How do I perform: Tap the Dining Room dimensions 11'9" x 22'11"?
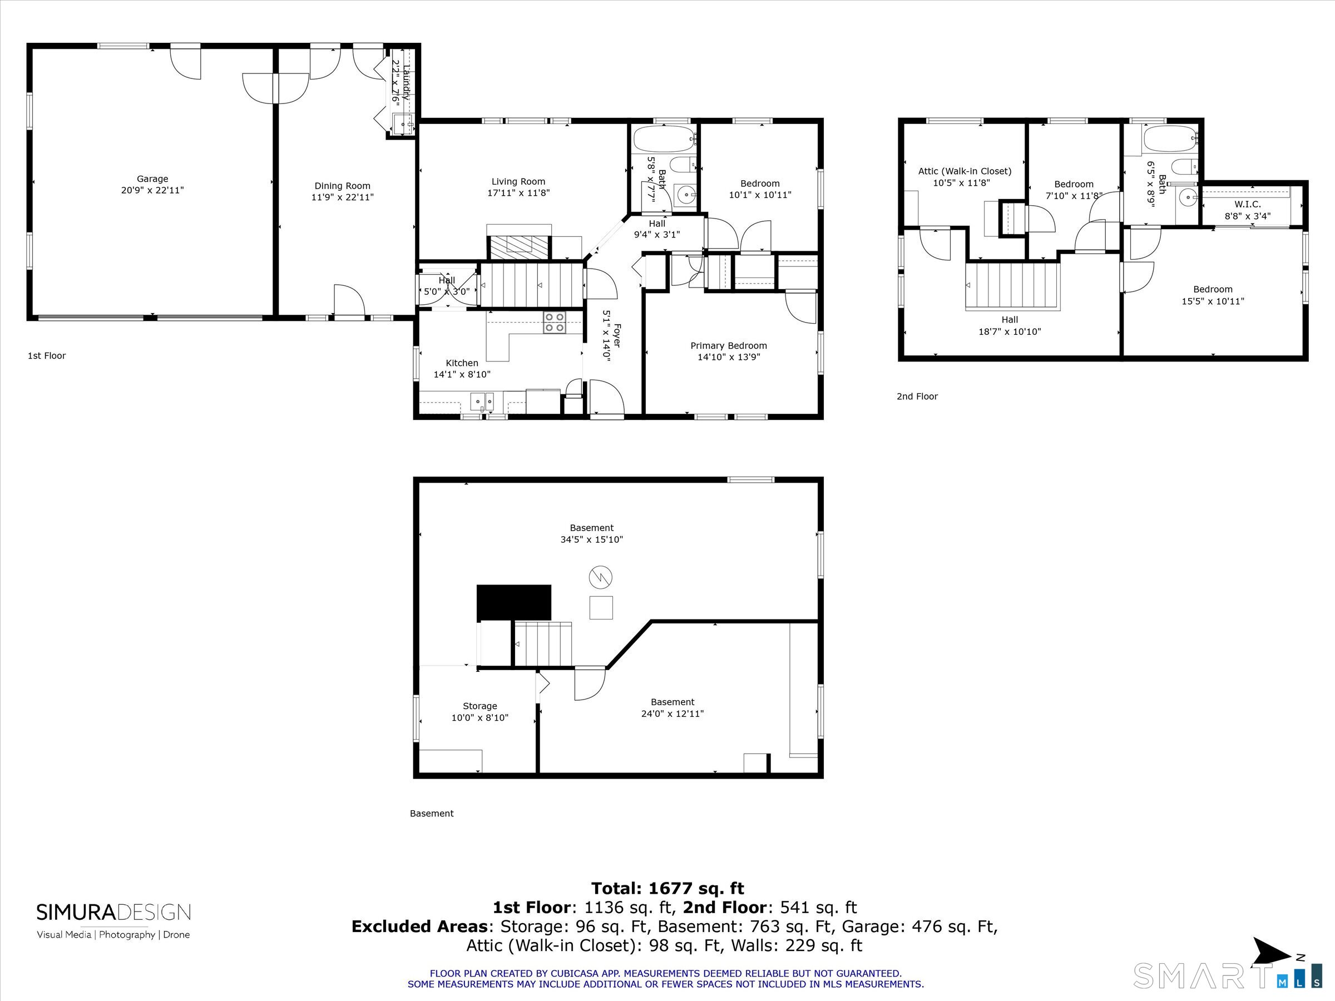pyautogui.click(x=342, y=197)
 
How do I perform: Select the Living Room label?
pyautogui.click(x=518, y=181)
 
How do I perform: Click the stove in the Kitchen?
pyautogui.click(x=554, y=322)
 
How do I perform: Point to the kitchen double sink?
pyautogui.click(x=482, y=400)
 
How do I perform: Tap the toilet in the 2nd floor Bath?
pyautogui.click(x=1184, y=166)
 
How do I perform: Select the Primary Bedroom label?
pyautogui.click(x=729, y=346)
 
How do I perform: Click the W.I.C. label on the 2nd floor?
pyautogui.click(x=1247, y=205)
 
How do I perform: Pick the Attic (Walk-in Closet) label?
pyautogui.click(x=965, y=171)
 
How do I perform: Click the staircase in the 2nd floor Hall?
pyautogui.click(x=1013, y=286)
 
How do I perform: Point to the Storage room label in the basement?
pyautogui.click(x=480, y=706)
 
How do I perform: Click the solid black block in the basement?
pyautogui.click(x=513, y=602)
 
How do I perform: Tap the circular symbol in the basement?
pyautogui.click(x=601, y=578)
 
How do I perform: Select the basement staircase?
pyautogui.click(x=542, y=644)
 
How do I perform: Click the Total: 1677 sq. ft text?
pyautogui.click(x=667, y=889)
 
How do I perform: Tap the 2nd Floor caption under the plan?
pyautogui.click(x=917, y=397)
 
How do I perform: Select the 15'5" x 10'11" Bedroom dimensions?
pyautogui.click(x=1213, y=301)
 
